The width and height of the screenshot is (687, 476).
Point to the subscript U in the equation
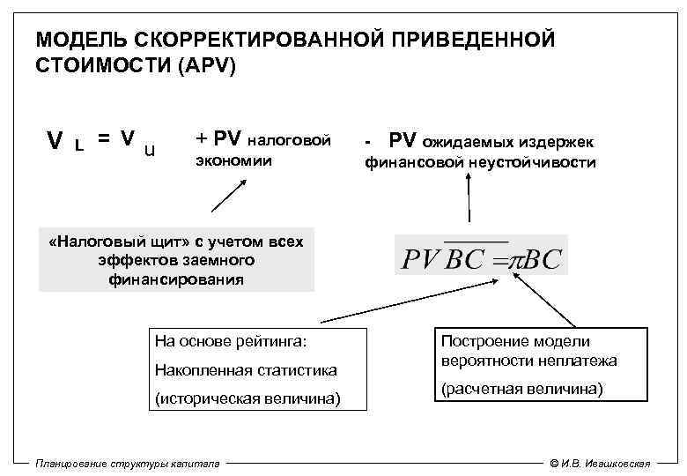(x=150, y=150)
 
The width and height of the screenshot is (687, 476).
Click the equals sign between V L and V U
(x=104, y=138)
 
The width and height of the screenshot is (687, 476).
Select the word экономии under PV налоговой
(x=233, y=162)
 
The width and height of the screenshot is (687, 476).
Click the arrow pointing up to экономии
(x=228, y=196)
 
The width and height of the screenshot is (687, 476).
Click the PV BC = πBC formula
(x=481, y=258)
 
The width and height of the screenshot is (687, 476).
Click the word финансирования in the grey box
(x=176, y=279)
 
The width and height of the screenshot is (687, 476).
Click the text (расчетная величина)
(x=522, y=388)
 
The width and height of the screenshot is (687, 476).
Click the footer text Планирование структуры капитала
(x=128, y=464)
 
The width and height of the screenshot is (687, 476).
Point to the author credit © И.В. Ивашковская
(x=599, y=464)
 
